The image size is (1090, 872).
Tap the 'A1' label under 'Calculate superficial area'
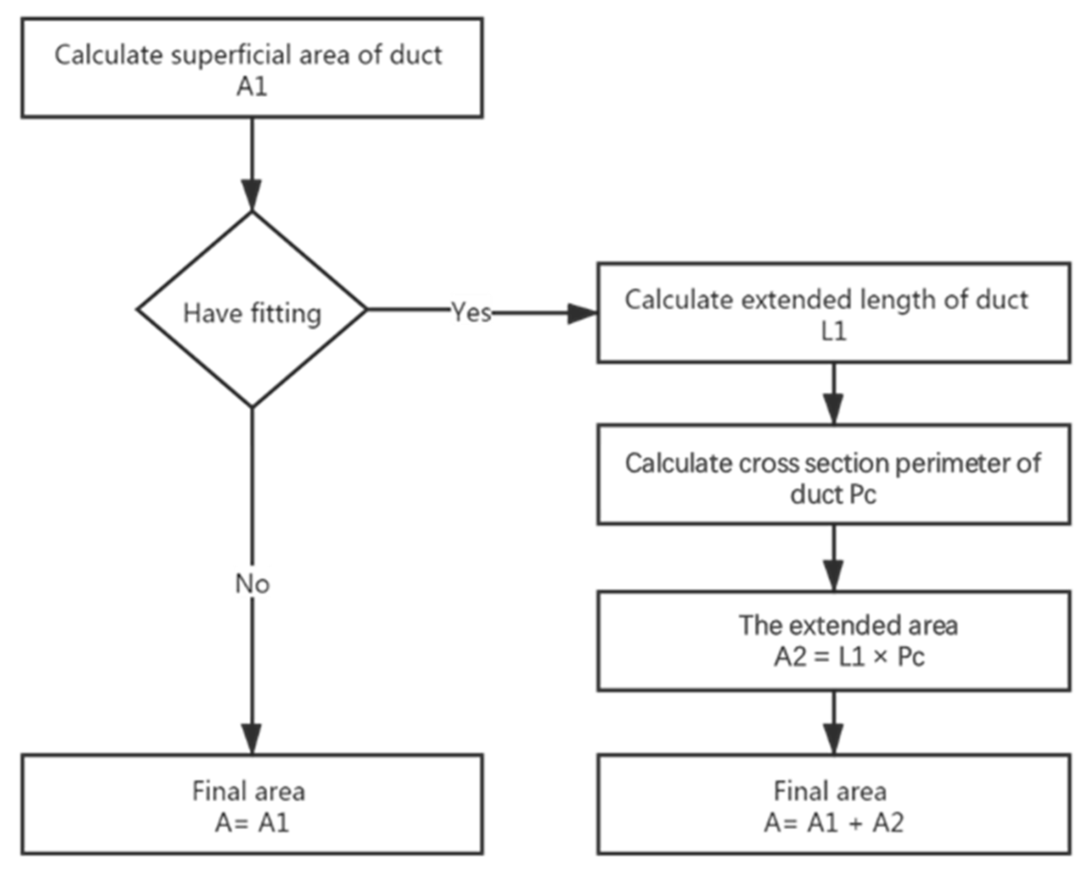(252, 87)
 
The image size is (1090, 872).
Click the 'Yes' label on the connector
(471, 313)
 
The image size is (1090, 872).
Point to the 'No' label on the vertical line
(252, 584)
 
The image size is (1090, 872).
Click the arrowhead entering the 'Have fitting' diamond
(252, 194)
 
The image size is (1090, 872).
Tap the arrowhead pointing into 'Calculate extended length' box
(581, 313)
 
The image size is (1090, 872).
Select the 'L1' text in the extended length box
(833, 332)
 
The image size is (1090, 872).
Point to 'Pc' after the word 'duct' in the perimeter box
(862, 494)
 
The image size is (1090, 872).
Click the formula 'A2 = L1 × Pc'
(849, 657)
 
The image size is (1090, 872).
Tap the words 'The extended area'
(848, 626)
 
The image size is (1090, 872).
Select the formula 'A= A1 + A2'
(834, 823)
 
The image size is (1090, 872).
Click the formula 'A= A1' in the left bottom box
(252, 823)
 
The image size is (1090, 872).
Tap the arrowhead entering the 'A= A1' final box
(252, 739)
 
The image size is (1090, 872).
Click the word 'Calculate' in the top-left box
(108, 55)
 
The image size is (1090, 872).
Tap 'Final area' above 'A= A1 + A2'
(830, 791)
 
